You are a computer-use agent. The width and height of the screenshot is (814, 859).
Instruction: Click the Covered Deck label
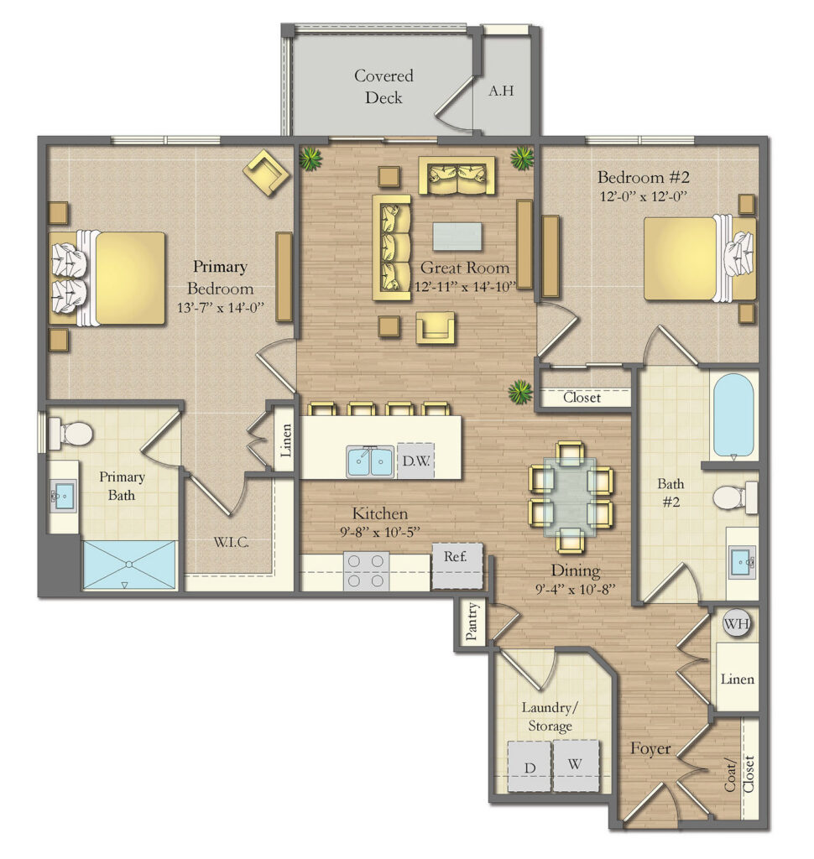pos(383,86)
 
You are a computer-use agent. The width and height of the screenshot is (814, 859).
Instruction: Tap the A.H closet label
pos(501,91)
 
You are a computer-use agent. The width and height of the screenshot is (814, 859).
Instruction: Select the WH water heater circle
pos(736,624)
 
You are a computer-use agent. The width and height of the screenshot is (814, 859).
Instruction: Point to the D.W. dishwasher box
pos(415,461)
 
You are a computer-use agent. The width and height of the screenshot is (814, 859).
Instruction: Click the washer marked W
pos(576,765)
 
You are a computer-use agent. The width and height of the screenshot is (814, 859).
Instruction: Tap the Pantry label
pos(471,622)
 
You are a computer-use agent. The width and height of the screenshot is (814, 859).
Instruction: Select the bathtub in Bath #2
pos(733,414)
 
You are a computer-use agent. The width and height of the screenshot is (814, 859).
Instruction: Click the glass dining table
pos(570,496)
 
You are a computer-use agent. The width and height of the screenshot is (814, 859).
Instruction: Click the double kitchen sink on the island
pos(370,461)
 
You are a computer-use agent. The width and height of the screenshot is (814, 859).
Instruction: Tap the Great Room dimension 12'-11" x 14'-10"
pos(464,287)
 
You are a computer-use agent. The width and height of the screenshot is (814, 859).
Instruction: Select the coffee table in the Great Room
pos(457,236)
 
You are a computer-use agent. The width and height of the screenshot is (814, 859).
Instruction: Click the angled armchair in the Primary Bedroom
pos(266,172)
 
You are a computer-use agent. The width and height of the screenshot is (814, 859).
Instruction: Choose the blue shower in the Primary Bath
pos(130,565)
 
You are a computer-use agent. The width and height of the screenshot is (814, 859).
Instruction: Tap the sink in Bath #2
pos(741,560)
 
